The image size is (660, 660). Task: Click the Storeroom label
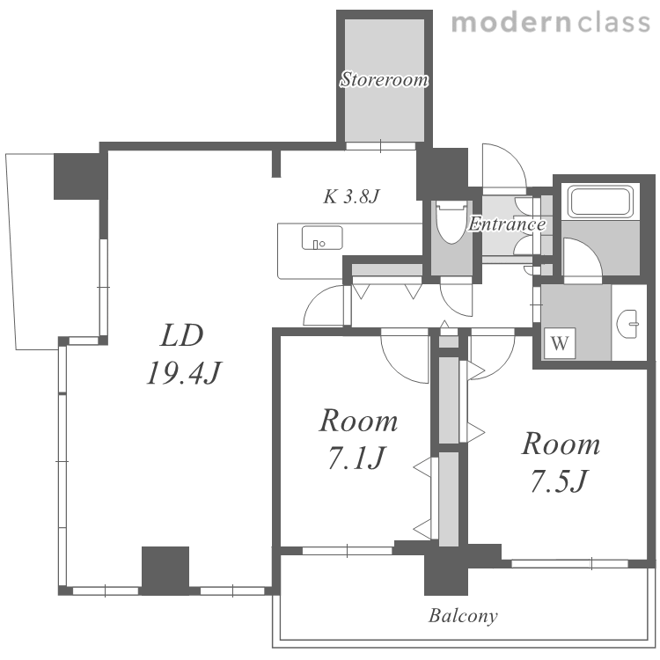pyautogui.click(x=384, y=79)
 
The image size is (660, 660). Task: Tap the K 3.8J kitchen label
pyautogui.click(x=351, y=196)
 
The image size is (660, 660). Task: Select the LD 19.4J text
pyautogui.click(x=183, y=354)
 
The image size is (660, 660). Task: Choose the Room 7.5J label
pyautogui.click(x=561, y=462)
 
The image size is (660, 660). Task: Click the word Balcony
pyautogui.click(x=463, y=616)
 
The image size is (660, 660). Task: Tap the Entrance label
pyautogui.click(x=507, y=224)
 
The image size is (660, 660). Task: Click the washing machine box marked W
pyautogui.click(x=559, y=343)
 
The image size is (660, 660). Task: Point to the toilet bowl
pyautogui.click(x=451, y=223)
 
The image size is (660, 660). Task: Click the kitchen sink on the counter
pyautogui.click(x=322, y=238)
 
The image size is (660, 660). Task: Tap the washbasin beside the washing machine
pyautogui.click(x=628, y=324)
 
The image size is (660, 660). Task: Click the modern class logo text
pyautogui.click(x=551, y=22)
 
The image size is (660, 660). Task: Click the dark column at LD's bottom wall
pyautogui.click(x=165, y=570)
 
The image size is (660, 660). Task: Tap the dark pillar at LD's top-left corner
pyautogui.click(x=77, y=176)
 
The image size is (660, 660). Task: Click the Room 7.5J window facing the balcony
pyautogui.click(x=569, y=563)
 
